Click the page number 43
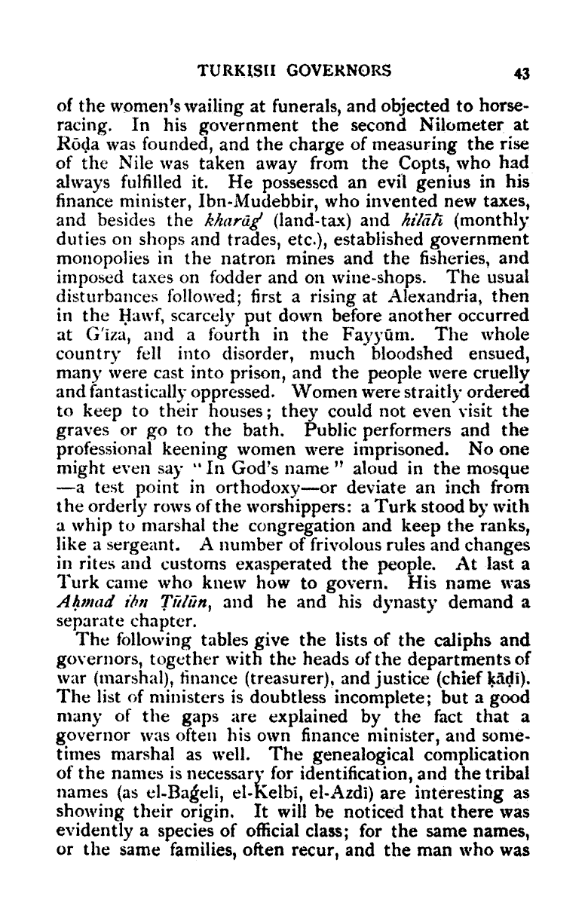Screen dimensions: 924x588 click(x=522, y=73)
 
